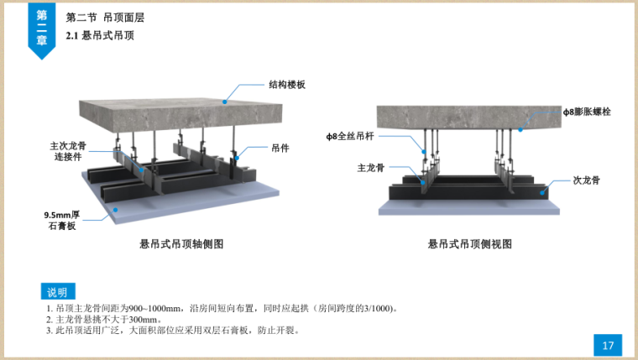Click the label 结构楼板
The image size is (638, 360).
pyautogui.click(x=287, y=85)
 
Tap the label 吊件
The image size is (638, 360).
pyautogui.click(x=280, y=147)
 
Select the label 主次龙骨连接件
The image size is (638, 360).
pyautogui.click(x=68, y=150)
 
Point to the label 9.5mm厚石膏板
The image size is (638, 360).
pyautogui.click(x=61, y=220)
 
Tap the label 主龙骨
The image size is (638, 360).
pyautogui.click(x=370, y=167)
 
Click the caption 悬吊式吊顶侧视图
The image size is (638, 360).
pyautogui.click(x=470, y=244)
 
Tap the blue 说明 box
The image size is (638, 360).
pyautogui.click(x=57, y=292)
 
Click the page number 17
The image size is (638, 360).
pyautogui.click(x=609, y=345)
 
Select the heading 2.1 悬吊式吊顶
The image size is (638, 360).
pyautogui.click(x=99, y=36)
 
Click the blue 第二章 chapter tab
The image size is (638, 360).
pyautogui.click(x=41, y=30)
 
